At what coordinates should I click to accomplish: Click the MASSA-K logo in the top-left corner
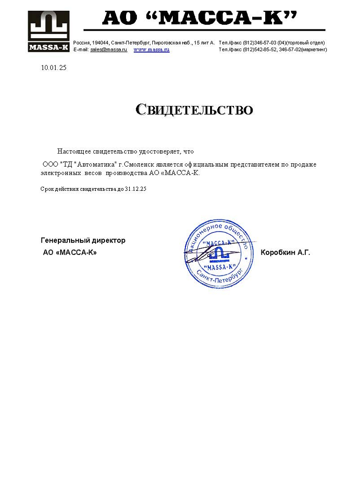pyautogui.click(x=49, y=31)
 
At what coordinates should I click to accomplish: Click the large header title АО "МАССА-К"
pyautogui.click(x=200, y=18)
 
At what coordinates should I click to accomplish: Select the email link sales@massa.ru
pyautogui.click(x=109, y=49)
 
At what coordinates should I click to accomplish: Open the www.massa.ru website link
pyautogui.click(x=151, y=49)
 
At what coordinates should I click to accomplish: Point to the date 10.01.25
pyautogui.click(x=54, y=68)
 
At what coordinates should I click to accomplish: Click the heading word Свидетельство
pyautogui.click(x=194, y=110)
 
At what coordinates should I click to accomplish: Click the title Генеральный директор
pyautogui.click(x=83, y=241)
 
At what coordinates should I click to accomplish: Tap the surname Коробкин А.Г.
pyautogui.click(x=285, y=253)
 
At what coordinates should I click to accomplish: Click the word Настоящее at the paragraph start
pyautogui.click(x=74, y=152)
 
